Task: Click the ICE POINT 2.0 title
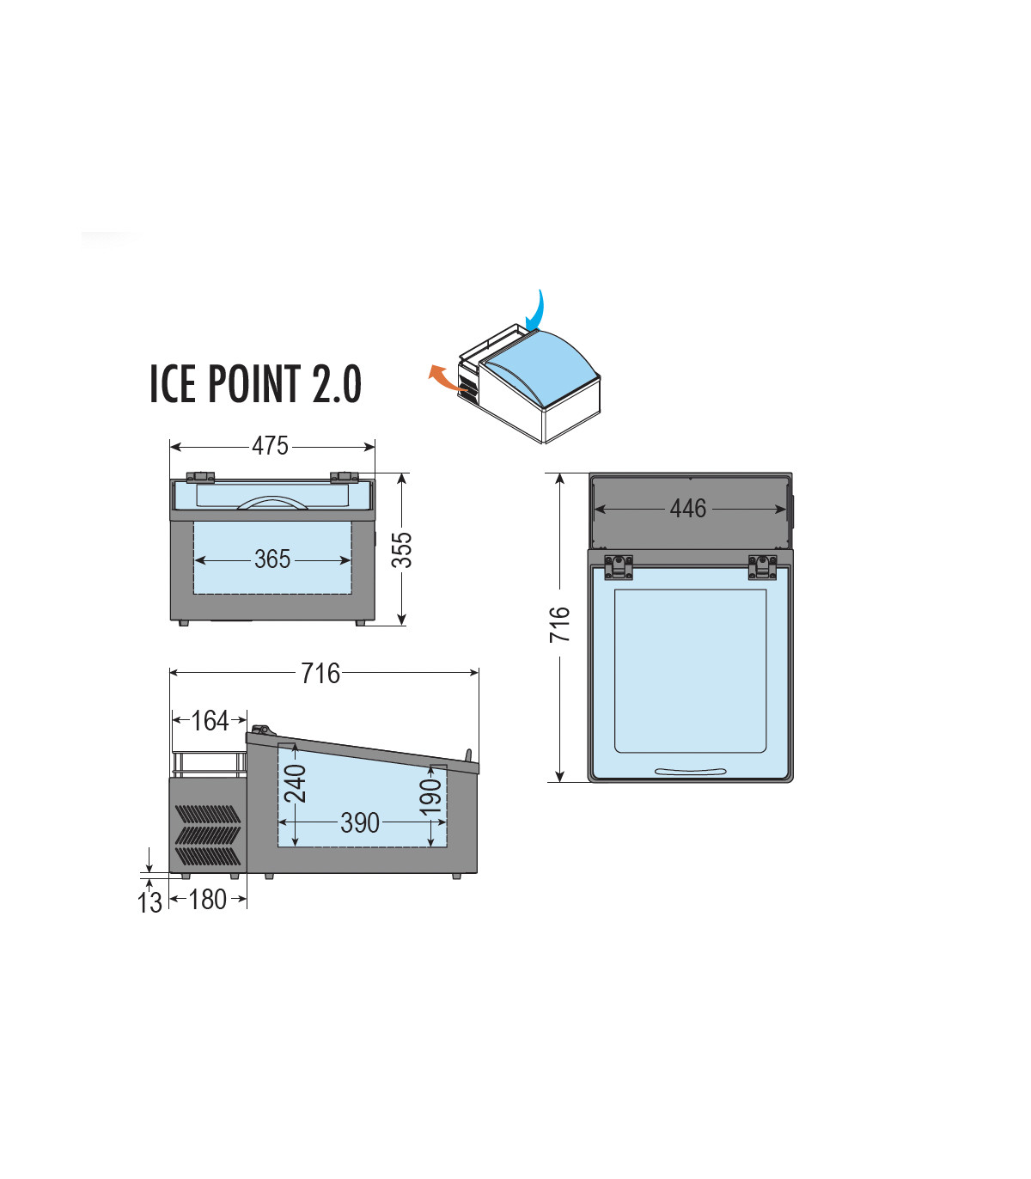point(255,383)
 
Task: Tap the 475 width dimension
point(270,446)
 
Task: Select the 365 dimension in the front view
point(272,559)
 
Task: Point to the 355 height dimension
point(402,550)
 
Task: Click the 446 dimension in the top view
point(688,508)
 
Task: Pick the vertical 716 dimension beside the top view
point(559,625)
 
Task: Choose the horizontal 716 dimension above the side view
point(320,673)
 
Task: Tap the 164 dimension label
point(210,721)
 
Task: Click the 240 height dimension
point(296,784)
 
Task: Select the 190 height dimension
point(431,797)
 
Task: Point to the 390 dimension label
point(360,823)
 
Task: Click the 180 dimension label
point(207,900)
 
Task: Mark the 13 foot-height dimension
point(149,902)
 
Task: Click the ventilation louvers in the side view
point(207,835)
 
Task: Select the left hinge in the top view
point(618,568)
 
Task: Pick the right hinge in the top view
point(763,568)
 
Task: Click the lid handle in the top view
point(691,772)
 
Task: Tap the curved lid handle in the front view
point(272,498)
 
